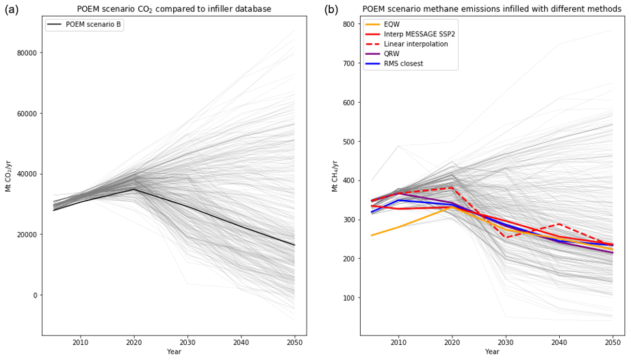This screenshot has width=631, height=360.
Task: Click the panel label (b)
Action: (x=331, y=10)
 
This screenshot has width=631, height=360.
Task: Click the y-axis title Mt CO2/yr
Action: (x=9, y=177)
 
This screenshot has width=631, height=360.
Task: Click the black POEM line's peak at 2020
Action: (x=134, y=190)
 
